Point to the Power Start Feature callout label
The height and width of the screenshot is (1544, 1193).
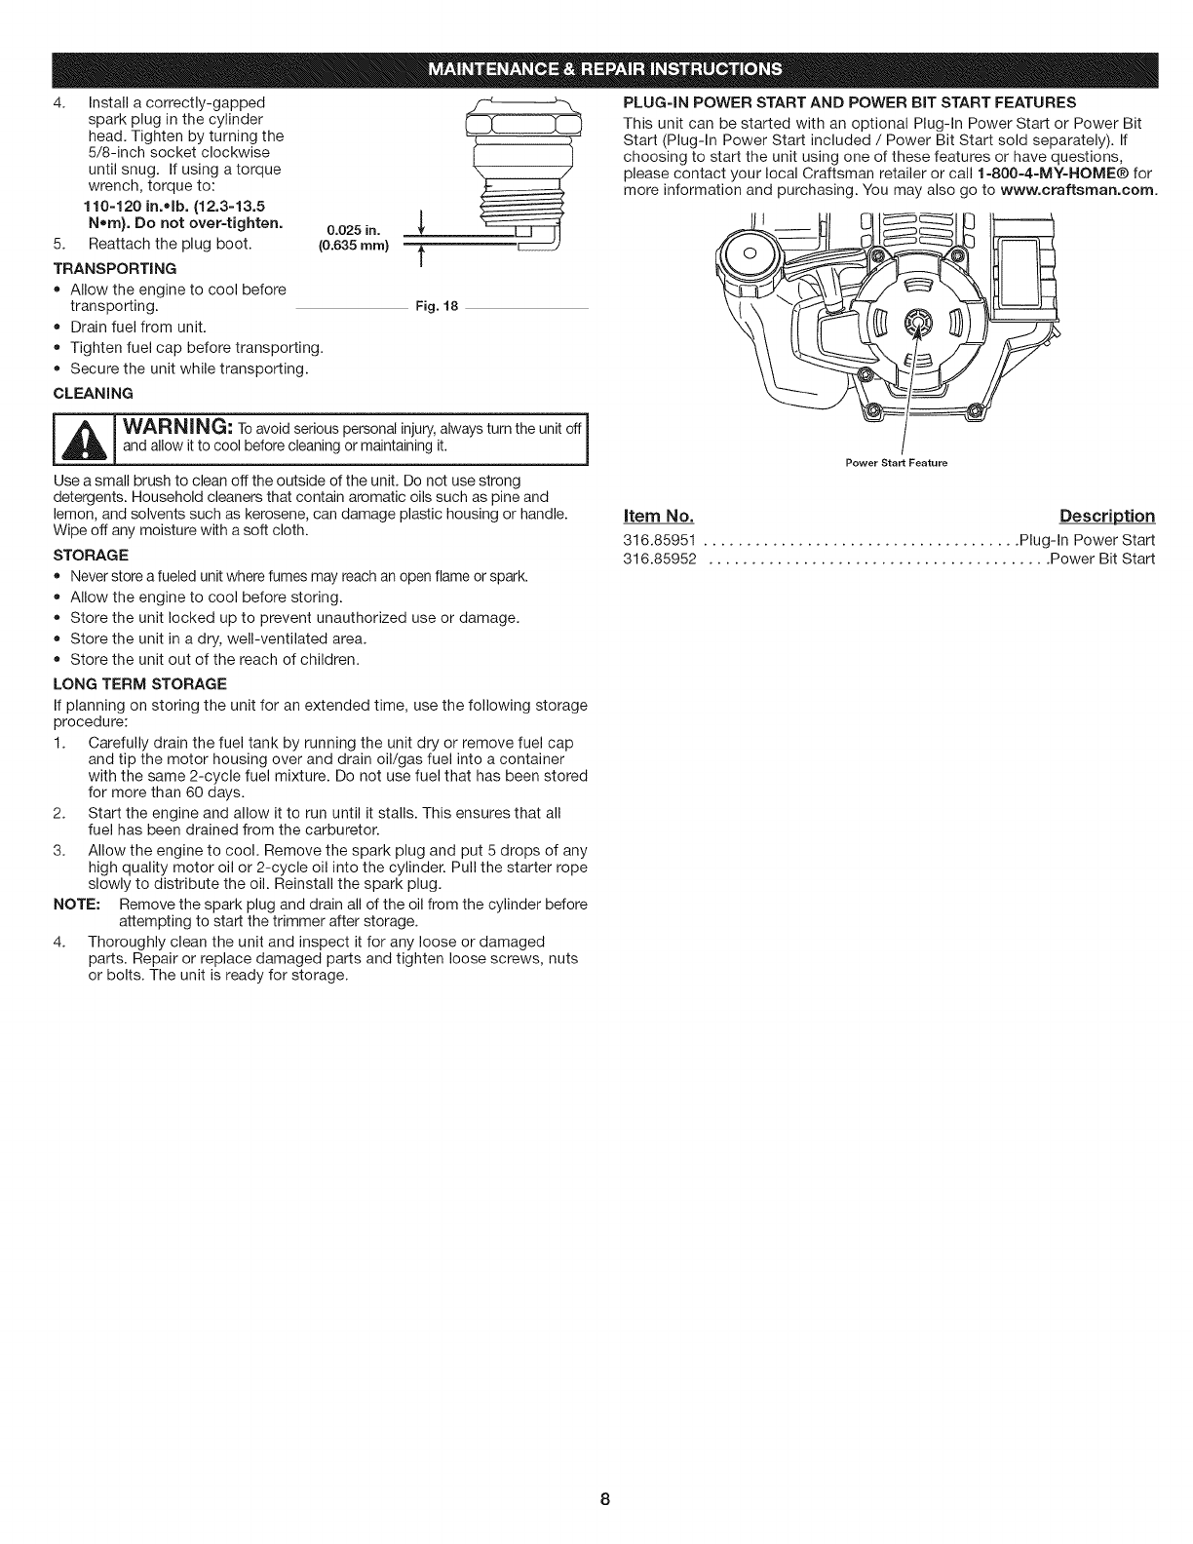[x=896, y=462]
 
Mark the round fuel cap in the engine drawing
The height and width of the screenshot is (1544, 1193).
[x=752, y=252]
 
